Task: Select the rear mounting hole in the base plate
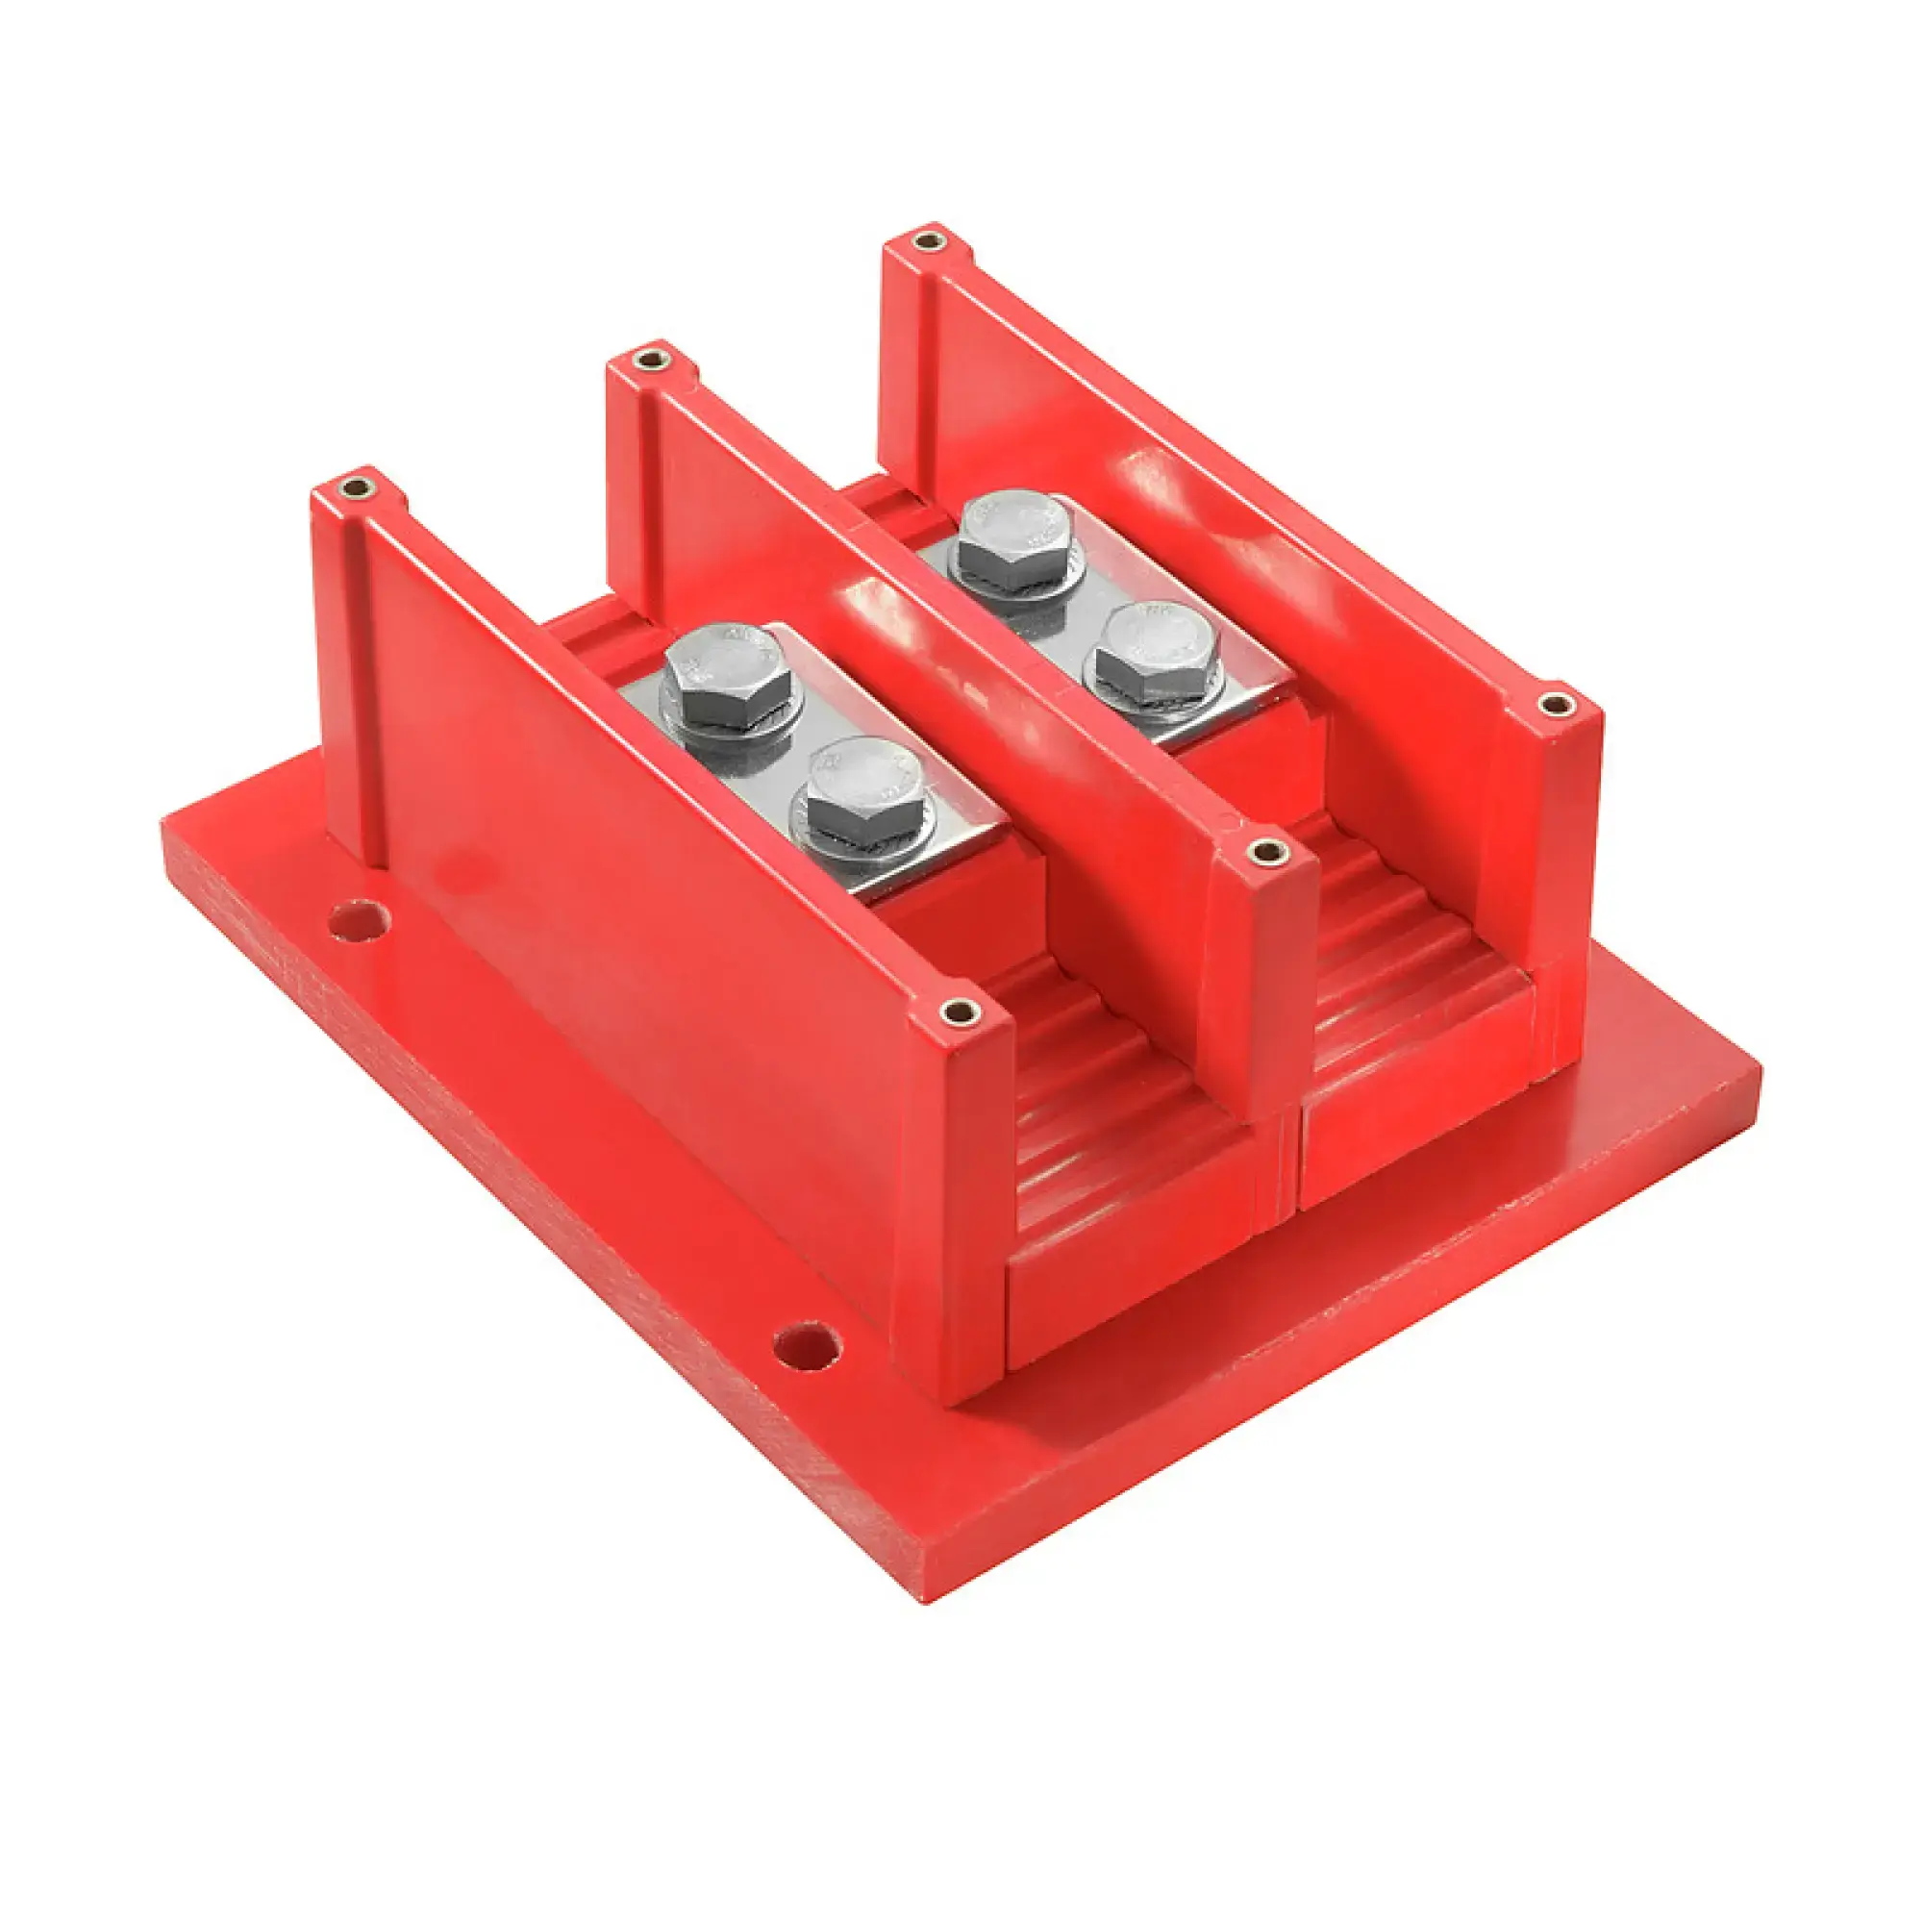359,921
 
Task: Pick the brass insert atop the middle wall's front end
1267,851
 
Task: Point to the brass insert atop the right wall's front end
1557,705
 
